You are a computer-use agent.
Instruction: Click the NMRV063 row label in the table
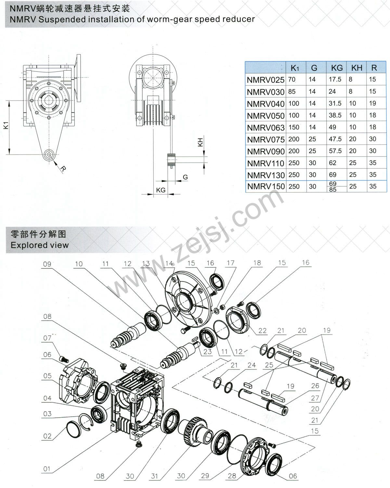click(266, 128)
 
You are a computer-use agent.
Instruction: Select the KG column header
click(337, 68)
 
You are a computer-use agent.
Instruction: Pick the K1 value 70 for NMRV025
click(292, 79)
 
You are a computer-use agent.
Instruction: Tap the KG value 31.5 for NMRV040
click(335, 103)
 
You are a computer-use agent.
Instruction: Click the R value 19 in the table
click(372, 103)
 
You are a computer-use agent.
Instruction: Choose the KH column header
click(357, 68)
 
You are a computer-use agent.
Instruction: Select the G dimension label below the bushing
click(185, 177)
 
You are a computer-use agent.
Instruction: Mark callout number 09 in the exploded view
click(47, 264)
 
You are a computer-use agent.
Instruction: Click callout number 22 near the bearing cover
click(262, 331)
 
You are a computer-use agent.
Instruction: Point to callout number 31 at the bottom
click(154, 476)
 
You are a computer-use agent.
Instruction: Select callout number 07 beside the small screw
click(47, 338)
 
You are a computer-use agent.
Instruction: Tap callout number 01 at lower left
click(47, 469)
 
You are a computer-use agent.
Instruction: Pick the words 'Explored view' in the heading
click(40, 245)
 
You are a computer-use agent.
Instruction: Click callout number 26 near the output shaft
click(315, 386)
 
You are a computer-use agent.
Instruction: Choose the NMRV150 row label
click(266, 186)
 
